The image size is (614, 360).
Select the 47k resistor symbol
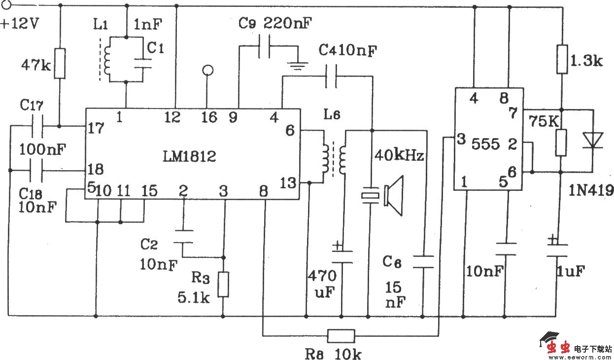coord(60,63)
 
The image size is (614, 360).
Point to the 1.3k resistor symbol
coord(561,59)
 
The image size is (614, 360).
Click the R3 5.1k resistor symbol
coord(224,285)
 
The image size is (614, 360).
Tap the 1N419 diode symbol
coord(593,141)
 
